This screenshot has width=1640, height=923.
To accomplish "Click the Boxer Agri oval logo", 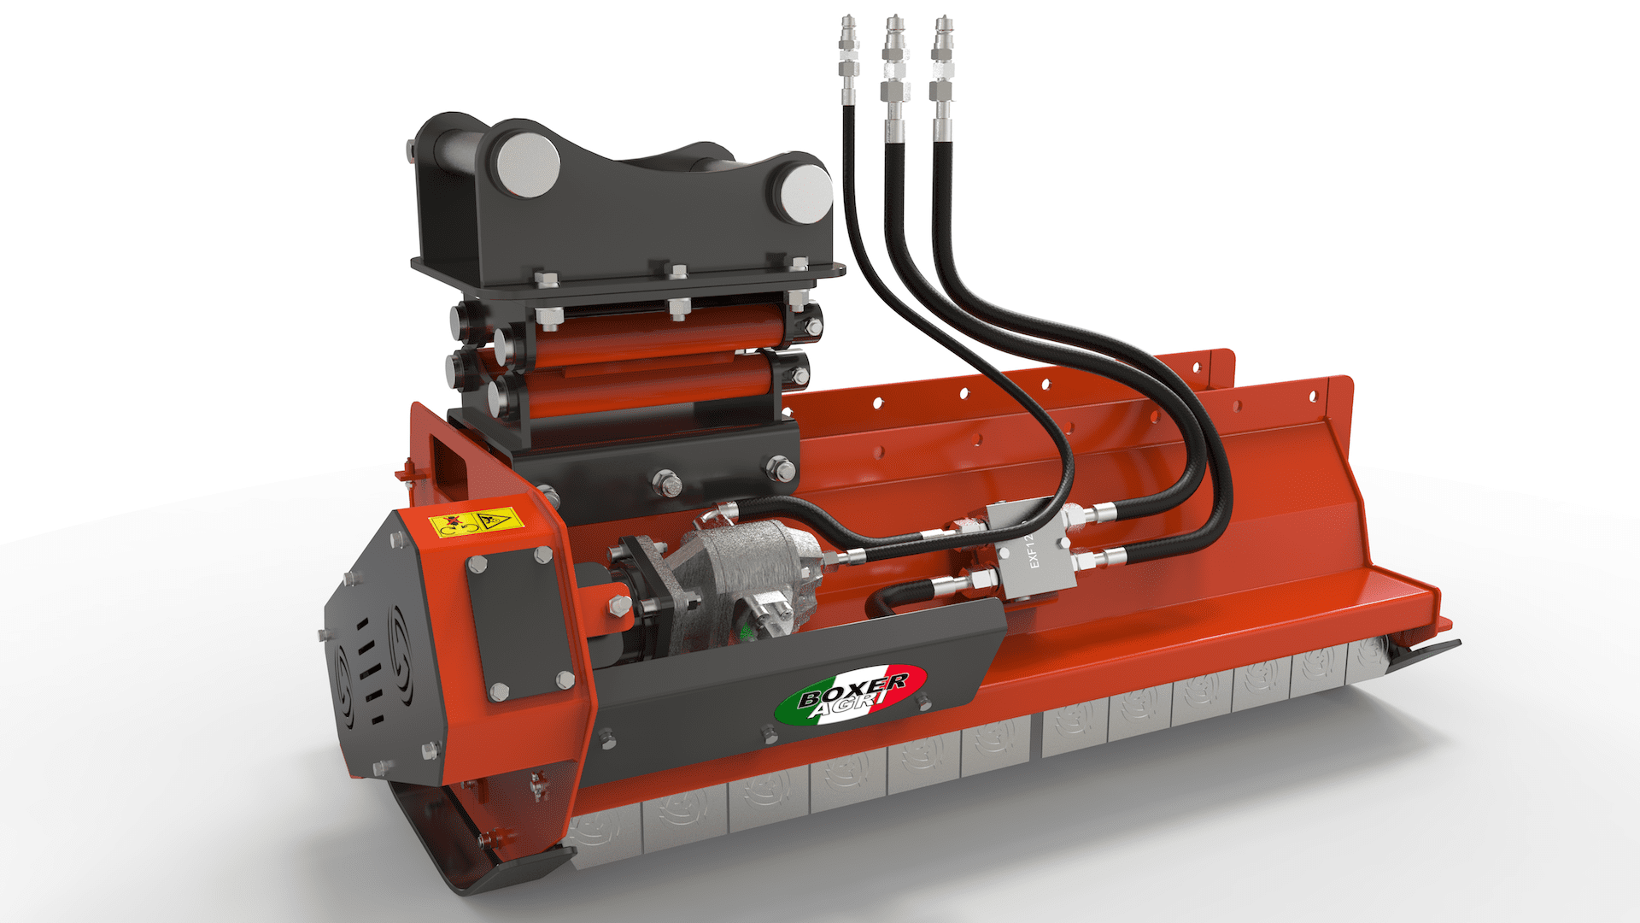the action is click(x=851, y=696).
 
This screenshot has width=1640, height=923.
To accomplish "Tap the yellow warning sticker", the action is click(x=477, y=521).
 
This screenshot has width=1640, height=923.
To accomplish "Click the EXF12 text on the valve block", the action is click(x=1034, y=551).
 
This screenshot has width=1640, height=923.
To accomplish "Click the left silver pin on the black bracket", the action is click(x=528, y=165).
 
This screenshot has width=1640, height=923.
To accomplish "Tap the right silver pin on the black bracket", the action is click(x=805, y=192).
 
